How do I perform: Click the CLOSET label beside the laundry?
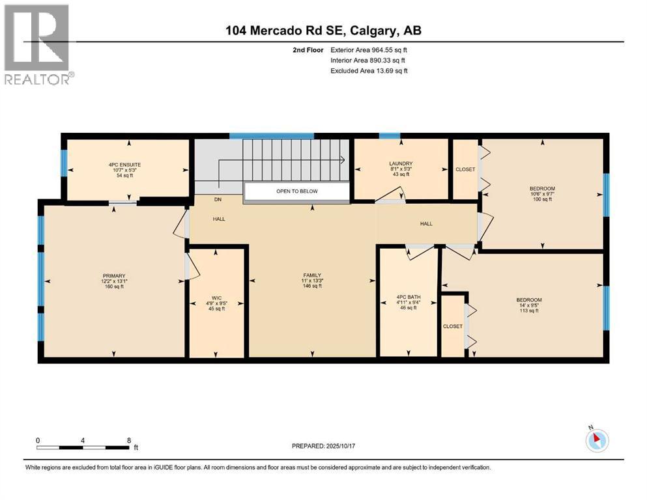click(x=466, y=169)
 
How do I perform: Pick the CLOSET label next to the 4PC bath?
click(x=452, y=326)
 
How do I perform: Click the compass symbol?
click(x=596, y=441)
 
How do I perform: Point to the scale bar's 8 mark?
click(x=129, y=440)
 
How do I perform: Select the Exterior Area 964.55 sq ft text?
click(x=369, y=50)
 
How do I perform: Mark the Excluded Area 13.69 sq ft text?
click(x=369, y=71)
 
